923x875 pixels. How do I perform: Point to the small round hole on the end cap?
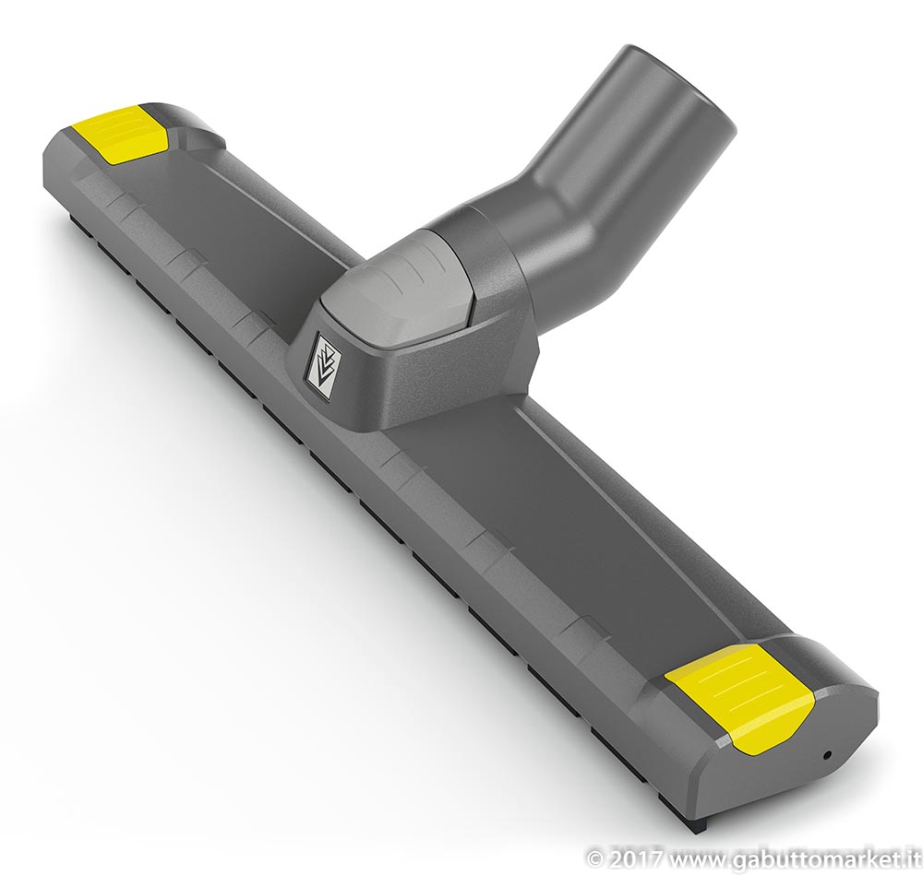pyautogui.click(x=828, y=755)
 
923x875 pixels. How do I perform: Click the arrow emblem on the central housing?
pyautogui.click(x=325, y=362)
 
